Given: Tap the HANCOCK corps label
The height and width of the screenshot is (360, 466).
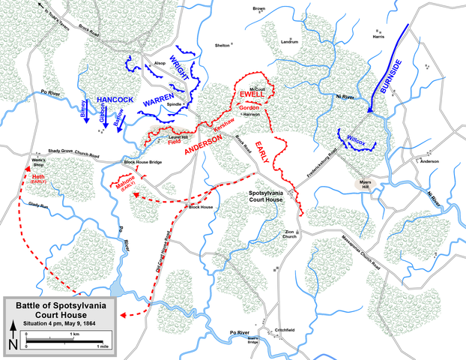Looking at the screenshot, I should coord(115,99).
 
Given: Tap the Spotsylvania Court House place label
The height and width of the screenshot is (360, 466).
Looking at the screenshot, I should coord(265,197).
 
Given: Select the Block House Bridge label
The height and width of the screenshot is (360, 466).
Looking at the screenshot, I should coord(142,162).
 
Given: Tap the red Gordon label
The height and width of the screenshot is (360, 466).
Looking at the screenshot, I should coord(249,108).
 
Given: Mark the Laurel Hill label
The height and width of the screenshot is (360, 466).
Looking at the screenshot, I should coord(178,136).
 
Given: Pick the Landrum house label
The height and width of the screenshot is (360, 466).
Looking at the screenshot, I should coord(289,41).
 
